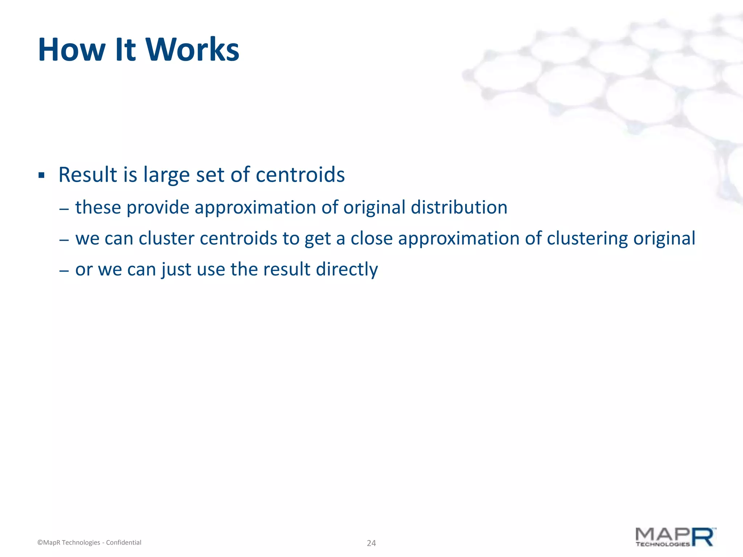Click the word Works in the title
point(192,50)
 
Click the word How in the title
point(71,50)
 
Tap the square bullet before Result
point(41,176)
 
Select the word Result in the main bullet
point(88,175)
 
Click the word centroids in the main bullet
point(300,175)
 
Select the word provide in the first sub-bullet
point(157,208)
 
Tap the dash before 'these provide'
point(64,209)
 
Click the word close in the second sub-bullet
point(371,239)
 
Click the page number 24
point(371,543)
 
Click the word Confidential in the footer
point(123,542)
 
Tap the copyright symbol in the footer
point(40,542)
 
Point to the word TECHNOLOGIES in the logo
point(662,544)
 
